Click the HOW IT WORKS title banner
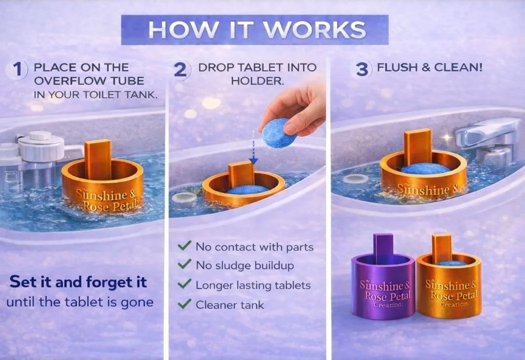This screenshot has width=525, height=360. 254,29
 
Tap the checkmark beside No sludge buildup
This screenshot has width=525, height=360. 185,265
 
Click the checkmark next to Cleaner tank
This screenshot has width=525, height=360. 185,304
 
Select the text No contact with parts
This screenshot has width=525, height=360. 254,246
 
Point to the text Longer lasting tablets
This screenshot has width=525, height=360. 253,285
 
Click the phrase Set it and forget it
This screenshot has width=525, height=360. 78,282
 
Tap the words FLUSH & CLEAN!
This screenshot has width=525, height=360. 429,67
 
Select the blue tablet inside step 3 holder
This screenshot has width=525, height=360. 424,168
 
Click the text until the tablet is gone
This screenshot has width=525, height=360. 79,302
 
